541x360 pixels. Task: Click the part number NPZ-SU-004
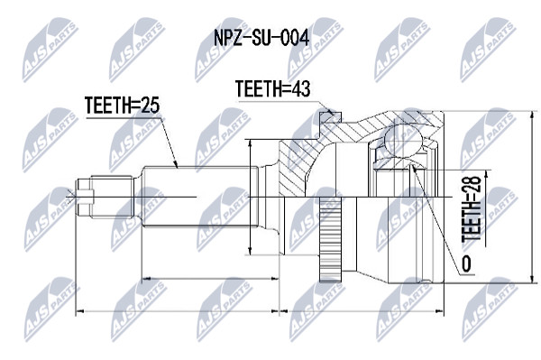tap(261, 38)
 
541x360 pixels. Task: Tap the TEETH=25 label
tap(122, 105)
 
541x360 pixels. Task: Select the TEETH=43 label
tap(272, 88)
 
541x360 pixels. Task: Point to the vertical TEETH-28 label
tap(472, 208)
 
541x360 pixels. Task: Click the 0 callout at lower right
tap(466, 264)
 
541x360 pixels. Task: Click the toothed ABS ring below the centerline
tap(331, 239)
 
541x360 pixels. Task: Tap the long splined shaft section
tap(200, 197)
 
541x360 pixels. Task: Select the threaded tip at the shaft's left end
tap(86, 197)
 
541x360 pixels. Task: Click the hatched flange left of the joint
tap(297, 168)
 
